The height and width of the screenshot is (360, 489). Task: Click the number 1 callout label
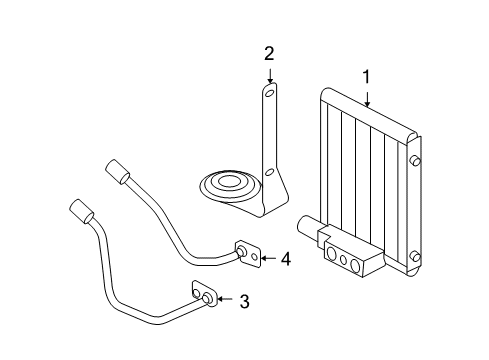(x=366, y=76)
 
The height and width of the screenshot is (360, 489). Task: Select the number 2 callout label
(x=269, y=53)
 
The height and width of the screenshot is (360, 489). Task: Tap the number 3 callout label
(x=243, y=299)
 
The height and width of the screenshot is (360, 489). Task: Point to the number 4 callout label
(x=285, y=259)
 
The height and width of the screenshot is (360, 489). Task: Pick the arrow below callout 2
(x=269, y=75)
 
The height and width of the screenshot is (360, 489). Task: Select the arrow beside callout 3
(x=225, y=299)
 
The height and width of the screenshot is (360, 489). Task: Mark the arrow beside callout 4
(x=267, y=259)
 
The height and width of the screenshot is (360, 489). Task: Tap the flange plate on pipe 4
(x=246, y=254)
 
